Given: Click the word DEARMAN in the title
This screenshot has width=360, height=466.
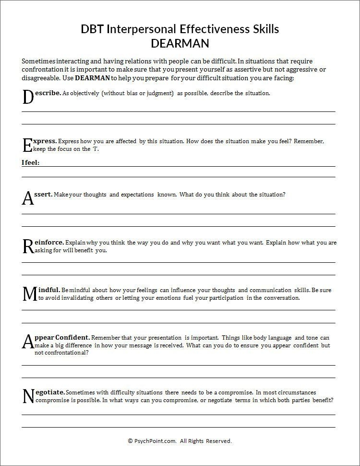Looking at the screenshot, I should (180, 43).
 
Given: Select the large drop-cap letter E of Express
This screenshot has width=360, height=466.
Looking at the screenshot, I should (27, 145).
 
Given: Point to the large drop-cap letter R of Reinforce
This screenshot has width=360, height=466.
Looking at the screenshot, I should (28, 246).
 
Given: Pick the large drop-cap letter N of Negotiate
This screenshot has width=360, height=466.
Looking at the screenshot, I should (28, 396).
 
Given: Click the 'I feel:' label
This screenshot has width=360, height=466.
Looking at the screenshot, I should (31, 163).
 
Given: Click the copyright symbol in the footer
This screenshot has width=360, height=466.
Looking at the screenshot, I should (130, 441).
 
